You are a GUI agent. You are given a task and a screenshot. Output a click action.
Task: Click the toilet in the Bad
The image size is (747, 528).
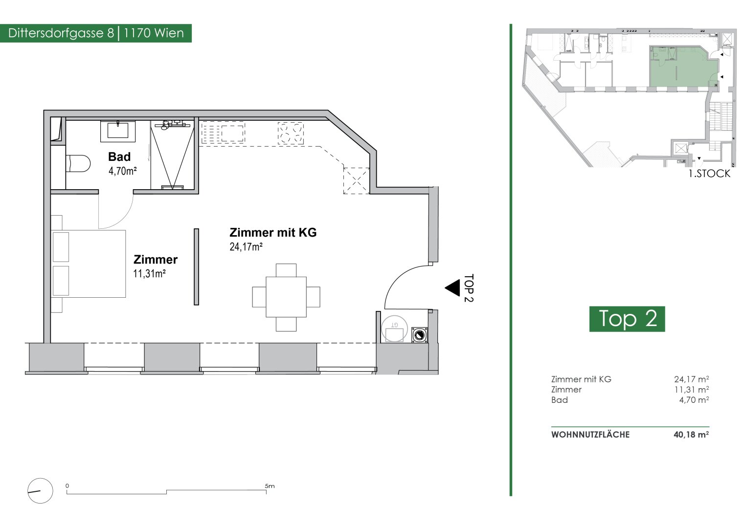[78, 163]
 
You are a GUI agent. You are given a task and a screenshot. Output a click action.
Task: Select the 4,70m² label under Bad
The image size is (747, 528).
[122, 171]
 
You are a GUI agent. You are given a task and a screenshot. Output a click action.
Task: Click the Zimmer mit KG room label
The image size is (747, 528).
[273, 232]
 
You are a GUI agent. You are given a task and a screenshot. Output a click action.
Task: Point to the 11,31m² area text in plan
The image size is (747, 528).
[149, 274]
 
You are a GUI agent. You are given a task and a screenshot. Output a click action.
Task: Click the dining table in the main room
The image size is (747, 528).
[286, 297]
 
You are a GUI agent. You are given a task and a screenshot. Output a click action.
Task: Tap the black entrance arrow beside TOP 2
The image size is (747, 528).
[453, 288]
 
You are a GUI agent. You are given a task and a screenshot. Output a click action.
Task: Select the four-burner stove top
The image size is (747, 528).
[291, 133]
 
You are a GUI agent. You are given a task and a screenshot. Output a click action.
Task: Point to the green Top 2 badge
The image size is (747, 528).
[627, 319]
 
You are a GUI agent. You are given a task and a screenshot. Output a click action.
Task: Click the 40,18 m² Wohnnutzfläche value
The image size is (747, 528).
[691, 435]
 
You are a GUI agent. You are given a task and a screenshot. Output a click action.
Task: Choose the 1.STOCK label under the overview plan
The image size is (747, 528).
[709, 174]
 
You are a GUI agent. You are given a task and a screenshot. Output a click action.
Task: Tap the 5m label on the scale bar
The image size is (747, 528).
[270, 486]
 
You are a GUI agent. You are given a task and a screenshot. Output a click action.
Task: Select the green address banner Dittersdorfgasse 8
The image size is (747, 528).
[96, 33]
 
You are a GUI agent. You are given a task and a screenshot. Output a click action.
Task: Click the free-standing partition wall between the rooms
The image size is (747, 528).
[197, 266]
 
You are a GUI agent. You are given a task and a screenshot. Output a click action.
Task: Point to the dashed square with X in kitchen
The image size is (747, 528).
[357, 181]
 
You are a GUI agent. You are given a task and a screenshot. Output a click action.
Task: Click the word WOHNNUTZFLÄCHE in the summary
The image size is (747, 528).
[590, 435]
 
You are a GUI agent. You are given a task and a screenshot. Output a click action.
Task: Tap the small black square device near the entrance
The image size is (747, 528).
[420, 335]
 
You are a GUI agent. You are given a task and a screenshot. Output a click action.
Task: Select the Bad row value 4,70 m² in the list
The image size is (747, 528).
[694, 400]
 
